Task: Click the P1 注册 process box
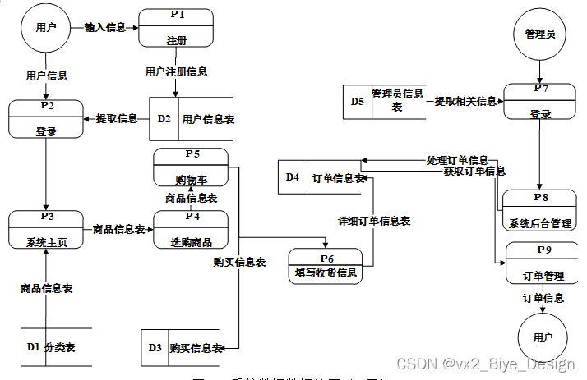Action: (x=176, y=29)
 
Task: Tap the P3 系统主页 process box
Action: (x=46, y=230)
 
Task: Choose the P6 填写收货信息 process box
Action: (x=326, y=263)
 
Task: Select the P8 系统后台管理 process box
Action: (x=540, y=210)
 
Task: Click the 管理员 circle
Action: (x=540, y=34)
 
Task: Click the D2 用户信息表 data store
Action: (x=192, y=119)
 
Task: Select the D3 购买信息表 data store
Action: (x=184, y=347)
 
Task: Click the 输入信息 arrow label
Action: (x=104, y=27)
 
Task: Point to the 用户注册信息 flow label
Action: (x=176, y=71)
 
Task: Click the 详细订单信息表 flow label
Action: (x=374, y=221)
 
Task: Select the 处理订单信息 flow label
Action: (x=457, y=160)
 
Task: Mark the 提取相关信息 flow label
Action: (x=465, y=101)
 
